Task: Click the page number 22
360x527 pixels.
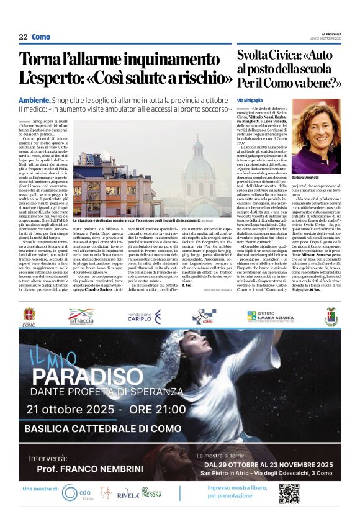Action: (23, 37)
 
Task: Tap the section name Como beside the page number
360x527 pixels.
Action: (41, 37)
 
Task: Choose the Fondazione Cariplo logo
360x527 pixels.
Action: (143, 317)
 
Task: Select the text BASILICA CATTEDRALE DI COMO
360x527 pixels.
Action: (102, 429)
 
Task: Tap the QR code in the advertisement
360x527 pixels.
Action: (289, 493)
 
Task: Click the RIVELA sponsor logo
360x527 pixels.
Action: (128, 494)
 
